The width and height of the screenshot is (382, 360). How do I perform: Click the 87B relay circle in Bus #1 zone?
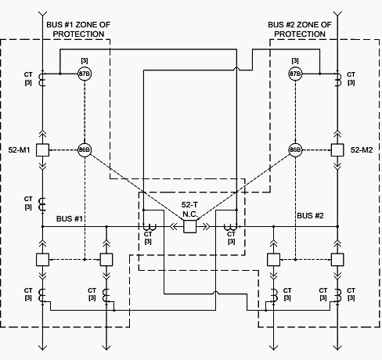click(85, 74)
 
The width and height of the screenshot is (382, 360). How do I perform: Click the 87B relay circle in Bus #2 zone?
click(295, 74)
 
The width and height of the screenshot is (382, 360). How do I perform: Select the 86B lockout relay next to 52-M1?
click(85, 150)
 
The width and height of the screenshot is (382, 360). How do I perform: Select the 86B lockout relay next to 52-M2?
click(295, 150)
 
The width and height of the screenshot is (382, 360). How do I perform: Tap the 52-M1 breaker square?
click(42, 150)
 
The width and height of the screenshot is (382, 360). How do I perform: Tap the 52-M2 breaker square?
click(337, 150)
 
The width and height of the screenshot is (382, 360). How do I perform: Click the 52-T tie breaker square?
click(189, 226)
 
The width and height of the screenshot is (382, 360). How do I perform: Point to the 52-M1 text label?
click(19, 150)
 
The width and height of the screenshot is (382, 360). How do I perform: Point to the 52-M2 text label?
click(362, 150)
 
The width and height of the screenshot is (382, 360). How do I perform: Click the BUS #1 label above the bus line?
click(70, 218)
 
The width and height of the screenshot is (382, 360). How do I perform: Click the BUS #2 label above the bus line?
click(310, 216)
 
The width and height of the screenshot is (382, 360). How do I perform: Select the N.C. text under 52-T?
click(190, 214)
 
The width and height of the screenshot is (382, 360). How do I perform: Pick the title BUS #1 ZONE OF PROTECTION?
click(78, 29)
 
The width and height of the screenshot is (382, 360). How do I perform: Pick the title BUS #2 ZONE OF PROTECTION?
click(300, 29)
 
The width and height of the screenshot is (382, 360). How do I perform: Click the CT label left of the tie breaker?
click(148, 234)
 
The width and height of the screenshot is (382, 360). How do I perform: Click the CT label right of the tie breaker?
click(231, 234)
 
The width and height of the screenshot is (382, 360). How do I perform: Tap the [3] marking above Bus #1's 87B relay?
click(85, 60)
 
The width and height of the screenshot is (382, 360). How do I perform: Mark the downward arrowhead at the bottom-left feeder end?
click(42, 347)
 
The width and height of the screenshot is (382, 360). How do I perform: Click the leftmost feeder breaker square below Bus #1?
click(42, 260)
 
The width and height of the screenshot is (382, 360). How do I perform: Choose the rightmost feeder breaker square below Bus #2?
click(337, 260)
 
